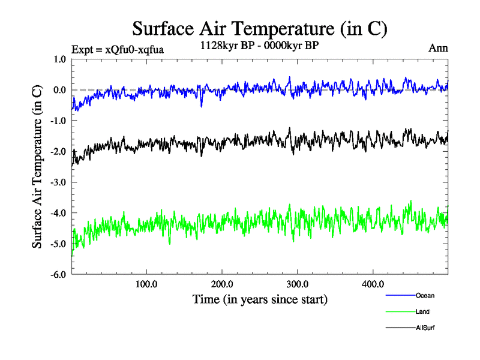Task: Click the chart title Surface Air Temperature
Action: [x=259, y=28]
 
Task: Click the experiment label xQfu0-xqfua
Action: [x=117, y=50]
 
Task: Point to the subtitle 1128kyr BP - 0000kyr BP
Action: [x=259, y=44]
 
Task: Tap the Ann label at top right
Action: [x=438, y=48]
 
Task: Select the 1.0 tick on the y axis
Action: [x=59, y=59]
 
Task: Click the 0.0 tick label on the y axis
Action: [x=59, y=90]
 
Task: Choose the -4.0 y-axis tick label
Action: [x=58, y=213]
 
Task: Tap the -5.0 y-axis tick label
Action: [x=58, y=244]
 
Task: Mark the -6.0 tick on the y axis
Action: [x=58, y=275]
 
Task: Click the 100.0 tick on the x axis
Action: [x=146, y=284]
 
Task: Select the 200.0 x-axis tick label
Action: [x=222, y=284]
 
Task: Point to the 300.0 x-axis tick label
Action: [x=298, y=284]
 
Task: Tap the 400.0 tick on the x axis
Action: [x=373, y=284]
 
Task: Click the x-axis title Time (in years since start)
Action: [x=260, y=298]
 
